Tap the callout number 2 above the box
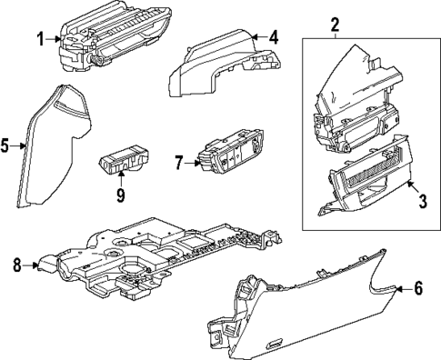(334, 24)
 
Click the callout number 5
(7, 145)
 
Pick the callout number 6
(418, 288)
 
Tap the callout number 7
(179, 164)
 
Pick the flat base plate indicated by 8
(155, 259)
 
